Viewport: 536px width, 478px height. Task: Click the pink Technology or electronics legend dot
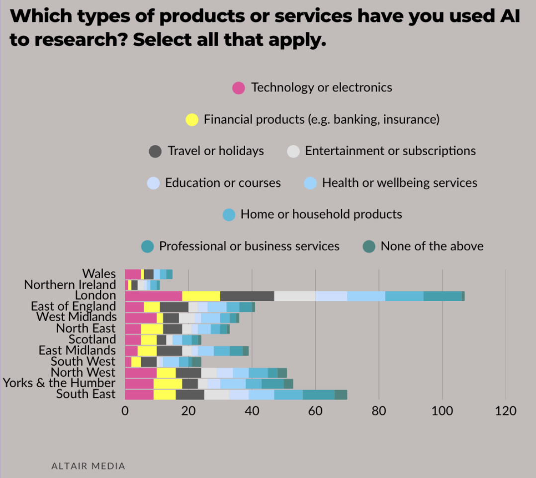(x=239, y=88)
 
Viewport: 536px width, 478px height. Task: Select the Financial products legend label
(x=322, y=119)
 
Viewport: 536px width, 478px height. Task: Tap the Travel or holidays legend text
(x=216, y=151)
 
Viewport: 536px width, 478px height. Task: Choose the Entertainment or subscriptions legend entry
(x=390, y=151)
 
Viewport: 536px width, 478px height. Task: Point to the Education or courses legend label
(x=223, y=182)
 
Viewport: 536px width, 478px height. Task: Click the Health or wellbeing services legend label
(x=399, y=182)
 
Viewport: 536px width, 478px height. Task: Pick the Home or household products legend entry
(x=321, y=214)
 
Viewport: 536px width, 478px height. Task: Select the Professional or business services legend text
(x=249, y=246)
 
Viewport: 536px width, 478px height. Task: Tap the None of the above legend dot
(x=368, y=246)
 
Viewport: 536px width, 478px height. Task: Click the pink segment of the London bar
(x=153, y=296)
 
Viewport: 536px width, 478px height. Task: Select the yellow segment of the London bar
(x=201, y=296)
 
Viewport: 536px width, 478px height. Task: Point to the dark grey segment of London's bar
(x=247, y=296)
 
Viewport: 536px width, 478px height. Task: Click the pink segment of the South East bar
(x=139, y=395)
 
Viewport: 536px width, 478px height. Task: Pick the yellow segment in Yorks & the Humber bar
(x=168, y=384)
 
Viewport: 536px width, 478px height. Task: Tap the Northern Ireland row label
(x=70, y=285)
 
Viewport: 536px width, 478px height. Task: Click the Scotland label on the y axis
(x=92, y=339)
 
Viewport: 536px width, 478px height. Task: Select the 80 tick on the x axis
(x=379, y=411)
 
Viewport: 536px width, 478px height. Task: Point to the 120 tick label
(x=505, y=411)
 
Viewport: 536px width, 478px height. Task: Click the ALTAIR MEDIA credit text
(x=88, y=466)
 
